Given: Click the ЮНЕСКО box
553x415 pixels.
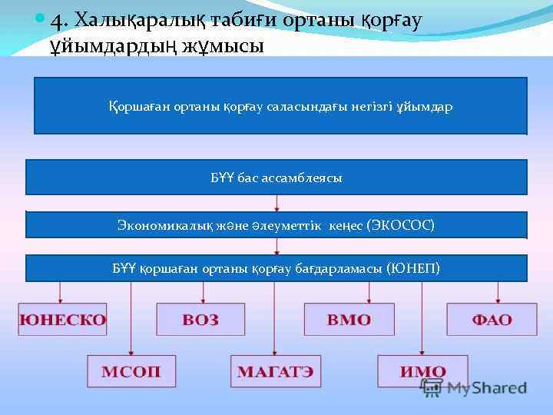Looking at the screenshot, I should point(63,320).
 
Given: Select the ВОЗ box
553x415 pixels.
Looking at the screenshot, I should point(201,320).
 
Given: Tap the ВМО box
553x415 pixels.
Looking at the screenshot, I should point(349,320).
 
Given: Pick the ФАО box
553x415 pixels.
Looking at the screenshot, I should point(492,320).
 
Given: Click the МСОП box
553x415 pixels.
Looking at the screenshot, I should point(131,371).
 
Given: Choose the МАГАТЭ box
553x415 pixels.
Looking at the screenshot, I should point(275,371).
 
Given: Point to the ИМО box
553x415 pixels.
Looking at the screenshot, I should point(422,371).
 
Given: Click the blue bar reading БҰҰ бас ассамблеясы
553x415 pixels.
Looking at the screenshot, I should point(276,178).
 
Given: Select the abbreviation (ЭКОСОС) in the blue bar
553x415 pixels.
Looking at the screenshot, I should point(400,225).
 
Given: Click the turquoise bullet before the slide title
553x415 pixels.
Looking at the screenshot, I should point(40,18).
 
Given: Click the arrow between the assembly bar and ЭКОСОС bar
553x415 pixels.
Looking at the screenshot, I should point(276,204).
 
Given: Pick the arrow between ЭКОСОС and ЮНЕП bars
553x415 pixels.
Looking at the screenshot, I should point(276,247).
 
